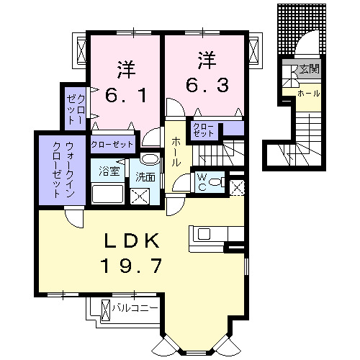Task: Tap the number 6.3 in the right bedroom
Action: click(x=207, y=86)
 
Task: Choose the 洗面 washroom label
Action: click(x=145, y=177)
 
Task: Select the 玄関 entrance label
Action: click(x=309, y=69)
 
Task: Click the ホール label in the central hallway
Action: click(x=176, y=151)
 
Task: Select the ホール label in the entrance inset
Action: click(x=308, y=94)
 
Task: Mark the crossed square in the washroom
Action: click(x=140, y=195)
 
